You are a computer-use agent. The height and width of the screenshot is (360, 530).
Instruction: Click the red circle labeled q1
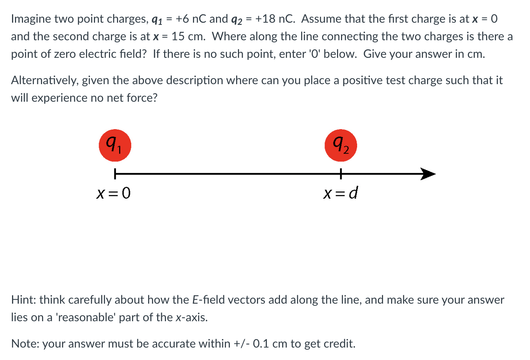point(115,145)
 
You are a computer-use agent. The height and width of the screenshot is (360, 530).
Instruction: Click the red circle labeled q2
point(341,145)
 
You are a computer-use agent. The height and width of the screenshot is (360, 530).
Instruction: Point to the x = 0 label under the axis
point(113,193)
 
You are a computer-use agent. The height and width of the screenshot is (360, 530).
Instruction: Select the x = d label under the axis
point(340,193)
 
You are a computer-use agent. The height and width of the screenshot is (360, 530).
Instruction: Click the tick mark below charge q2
point(341,174)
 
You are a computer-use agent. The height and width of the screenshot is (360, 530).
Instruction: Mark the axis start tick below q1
point(115,174)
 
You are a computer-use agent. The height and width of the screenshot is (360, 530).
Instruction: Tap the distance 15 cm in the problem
point(188,37)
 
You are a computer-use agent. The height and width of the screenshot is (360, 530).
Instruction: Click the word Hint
point(23,300)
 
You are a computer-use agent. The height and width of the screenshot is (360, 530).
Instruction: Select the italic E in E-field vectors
point(195,300)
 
